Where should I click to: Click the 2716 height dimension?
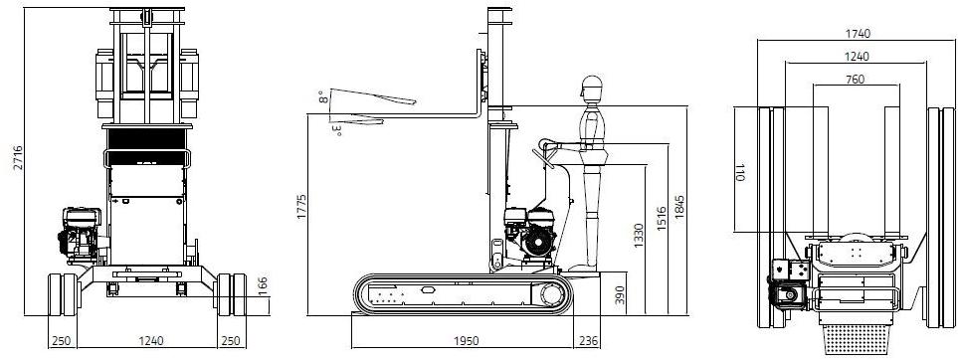(x=18, y=158)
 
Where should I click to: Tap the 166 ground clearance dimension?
(x=263, y=286)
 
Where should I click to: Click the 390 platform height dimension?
(x=620, y=295)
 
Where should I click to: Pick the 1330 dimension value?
(x=639, y=236)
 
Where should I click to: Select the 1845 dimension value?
(x=679, y=208)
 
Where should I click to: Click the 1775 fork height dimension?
(x=301, y=207)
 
